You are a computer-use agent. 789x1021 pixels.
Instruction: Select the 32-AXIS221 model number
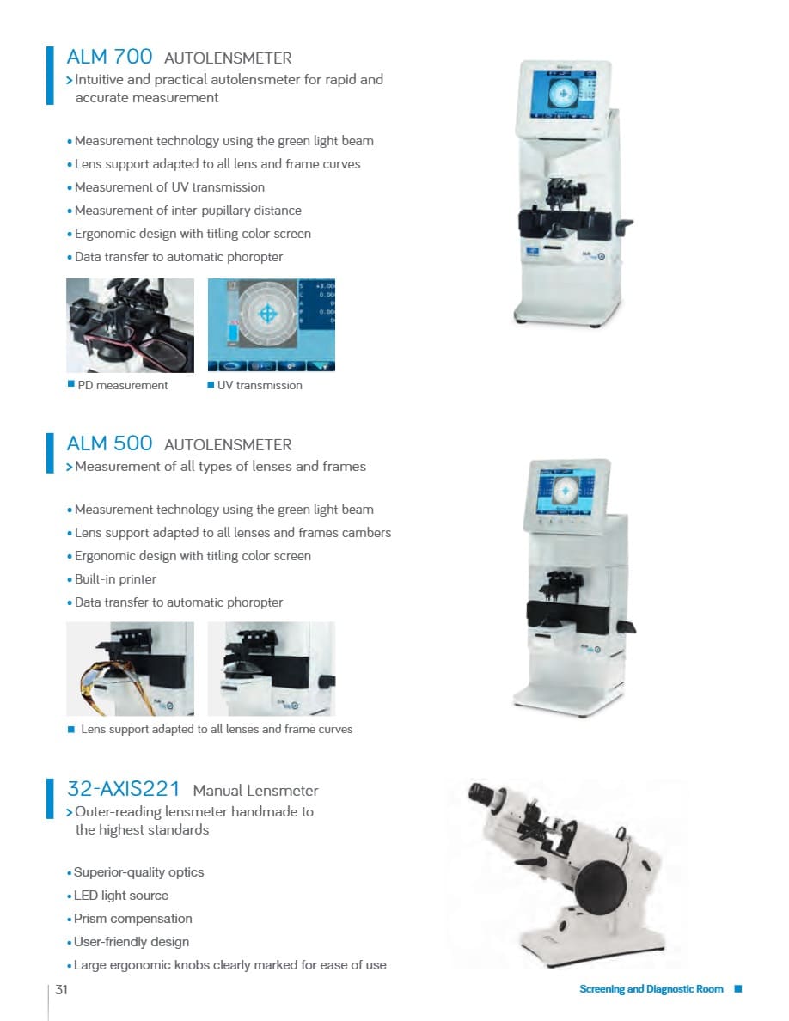[x=123, y=789]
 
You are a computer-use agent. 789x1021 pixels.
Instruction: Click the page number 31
[x=61, y=990]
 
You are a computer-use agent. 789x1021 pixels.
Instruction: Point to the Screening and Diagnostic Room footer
[x=651, y=989]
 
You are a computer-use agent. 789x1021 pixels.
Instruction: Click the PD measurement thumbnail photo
[x=130, y=326]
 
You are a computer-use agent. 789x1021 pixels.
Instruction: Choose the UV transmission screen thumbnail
[x=272, y=325]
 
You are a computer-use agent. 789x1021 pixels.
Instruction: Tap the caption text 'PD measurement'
[x=122, y=386]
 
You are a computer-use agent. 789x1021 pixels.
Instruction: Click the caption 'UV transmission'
[x=260, y=386]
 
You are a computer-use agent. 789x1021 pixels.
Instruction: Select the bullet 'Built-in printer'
[x=115, y=579]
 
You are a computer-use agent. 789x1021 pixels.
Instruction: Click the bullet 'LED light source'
[x=121, y=896]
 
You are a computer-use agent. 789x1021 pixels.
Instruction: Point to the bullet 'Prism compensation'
[x=133, y=919]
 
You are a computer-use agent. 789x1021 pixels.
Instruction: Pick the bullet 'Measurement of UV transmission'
[x=169, y=187]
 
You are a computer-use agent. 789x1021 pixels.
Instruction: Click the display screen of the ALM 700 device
[x=562, y=95]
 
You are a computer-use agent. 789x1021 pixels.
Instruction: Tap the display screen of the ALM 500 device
[x=565, y=492]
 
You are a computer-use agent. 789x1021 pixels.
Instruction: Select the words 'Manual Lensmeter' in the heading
[x=255, y=791]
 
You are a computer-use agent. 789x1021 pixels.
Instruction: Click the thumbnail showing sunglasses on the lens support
[x=130, y=669]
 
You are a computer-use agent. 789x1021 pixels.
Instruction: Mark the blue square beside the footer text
[x=738, y=989]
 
